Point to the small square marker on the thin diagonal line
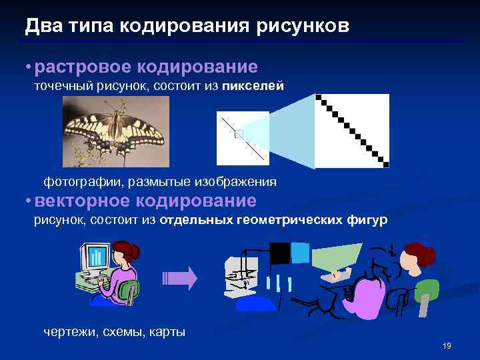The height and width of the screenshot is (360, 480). pos(239,134)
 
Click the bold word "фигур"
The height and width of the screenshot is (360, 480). pos(369,220)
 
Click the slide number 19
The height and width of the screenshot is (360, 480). pos(447,345)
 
